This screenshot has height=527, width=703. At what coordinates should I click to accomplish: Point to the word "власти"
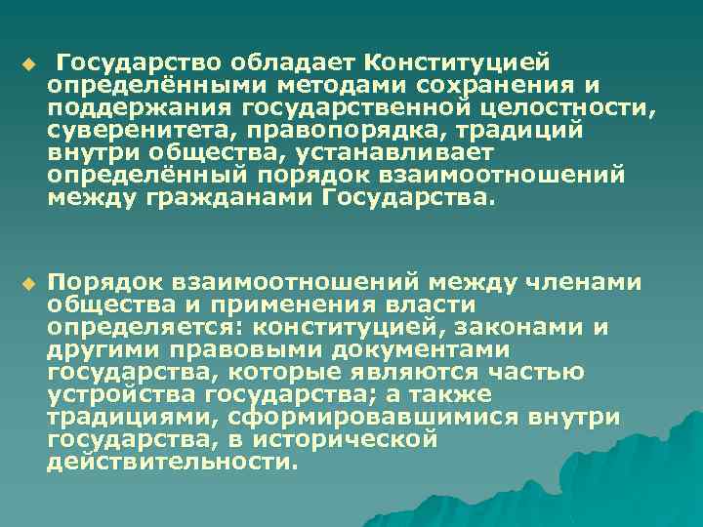397,305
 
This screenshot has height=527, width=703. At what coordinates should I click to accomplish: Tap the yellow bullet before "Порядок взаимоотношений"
27,284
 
